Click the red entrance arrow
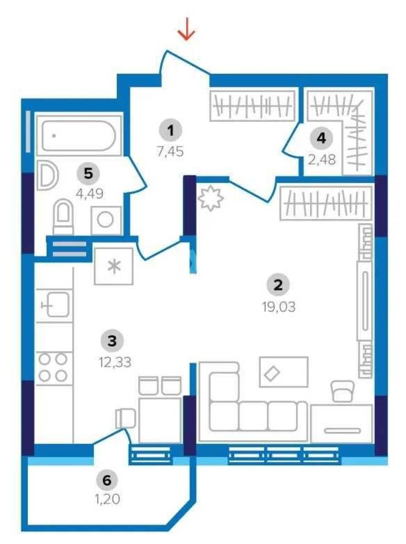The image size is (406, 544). pyautogui.click(x=186, y=30)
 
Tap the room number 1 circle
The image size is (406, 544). pyautogui.click(x=170, y=131)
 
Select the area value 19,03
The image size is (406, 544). pyautogui.click(x=278, y=307)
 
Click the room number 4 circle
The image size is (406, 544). pyautogui.click(x=321, y=138)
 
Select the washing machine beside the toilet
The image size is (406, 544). pyautogui.click(x=106, y=220)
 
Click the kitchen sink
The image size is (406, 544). pyautogui.click(x=56, y=304)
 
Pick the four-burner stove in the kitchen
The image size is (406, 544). pyautogui.click(x=53, y=367)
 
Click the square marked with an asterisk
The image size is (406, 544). pyautogui.click(x=113, y=266)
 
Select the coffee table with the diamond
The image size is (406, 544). pyautogui.click(x=283, y=372)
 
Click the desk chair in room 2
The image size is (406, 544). pyautogui.click(x=343, y=391)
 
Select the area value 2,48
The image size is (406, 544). pyautogui.click(x=322, y=160)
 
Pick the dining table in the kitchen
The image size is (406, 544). pyautogui.click(x=159, y=419)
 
